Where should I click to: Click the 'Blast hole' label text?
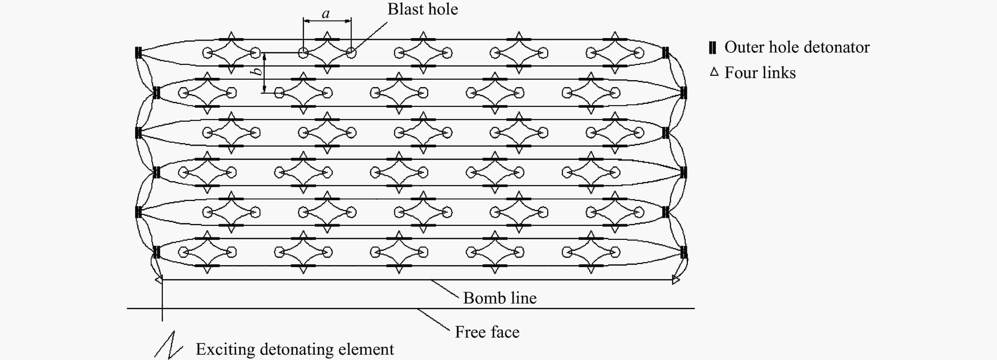click(x=423, y=9)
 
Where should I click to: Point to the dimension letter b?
click(x=256, y=72)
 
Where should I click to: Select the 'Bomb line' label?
click(x=500, y=298)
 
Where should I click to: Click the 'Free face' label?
click(x=487, y=332)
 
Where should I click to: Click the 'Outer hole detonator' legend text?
click(x=797, y=47)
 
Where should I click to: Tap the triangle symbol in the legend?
click(x=714, y=72)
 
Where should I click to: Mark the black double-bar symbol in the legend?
click(x=712, y=47)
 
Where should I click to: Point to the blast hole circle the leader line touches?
click(x=351, y=53)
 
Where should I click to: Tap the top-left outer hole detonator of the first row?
click(x=138, y=53)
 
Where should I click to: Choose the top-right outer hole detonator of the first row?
click(x=665, y=53)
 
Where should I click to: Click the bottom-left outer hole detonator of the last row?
click(x=156, y=252)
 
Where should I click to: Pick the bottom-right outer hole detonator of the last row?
click(x=683, y=252)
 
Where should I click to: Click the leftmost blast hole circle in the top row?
click(x=208, y=53)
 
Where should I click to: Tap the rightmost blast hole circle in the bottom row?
click(x=615, y=252)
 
